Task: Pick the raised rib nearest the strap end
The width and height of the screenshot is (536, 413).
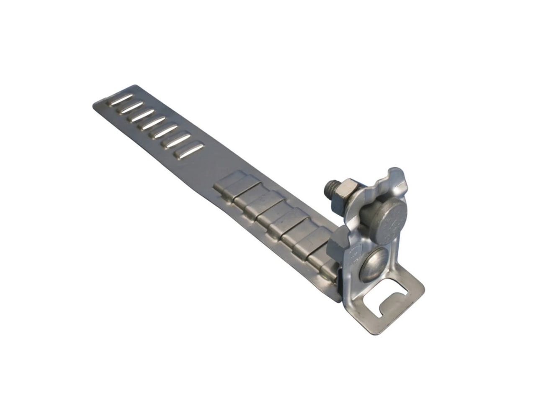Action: (120, 99)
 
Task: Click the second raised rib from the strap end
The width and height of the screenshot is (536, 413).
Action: (129, 107)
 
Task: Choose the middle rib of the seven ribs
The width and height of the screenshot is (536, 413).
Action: (152, 123)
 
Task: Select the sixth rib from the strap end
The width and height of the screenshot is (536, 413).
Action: (176, 140)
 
